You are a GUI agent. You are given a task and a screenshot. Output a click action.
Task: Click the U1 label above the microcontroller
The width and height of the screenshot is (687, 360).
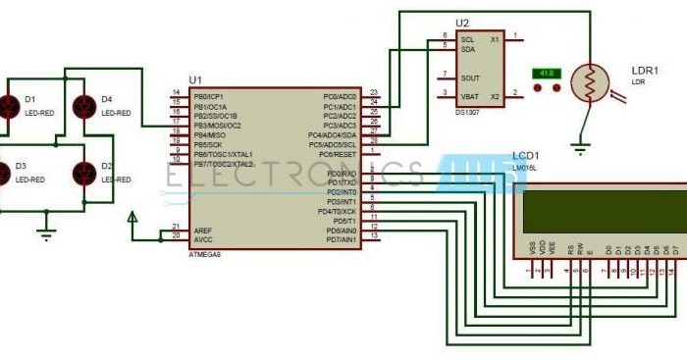point(195,79)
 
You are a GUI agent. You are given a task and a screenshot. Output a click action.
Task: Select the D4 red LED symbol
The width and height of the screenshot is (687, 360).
point(84,103)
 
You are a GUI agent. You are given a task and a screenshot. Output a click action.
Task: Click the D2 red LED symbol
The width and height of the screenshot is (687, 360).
point(84,172)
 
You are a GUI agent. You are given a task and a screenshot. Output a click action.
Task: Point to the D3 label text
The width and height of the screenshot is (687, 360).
point(20,167)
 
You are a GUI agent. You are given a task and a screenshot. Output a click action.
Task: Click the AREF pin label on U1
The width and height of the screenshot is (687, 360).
point(202,230)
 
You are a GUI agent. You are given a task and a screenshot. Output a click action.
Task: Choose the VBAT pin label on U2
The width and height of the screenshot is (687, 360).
point(470,95)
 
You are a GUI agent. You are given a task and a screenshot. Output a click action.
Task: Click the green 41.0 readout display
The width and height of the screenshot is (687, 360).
point(545,74)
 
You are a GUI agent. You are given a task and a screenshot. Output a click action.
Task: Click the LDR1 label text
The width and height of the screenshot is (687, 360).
point(645,71)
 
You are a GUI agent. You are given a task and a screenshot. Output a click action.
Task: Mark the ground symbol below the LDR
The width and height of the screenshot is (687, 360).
point(581,149)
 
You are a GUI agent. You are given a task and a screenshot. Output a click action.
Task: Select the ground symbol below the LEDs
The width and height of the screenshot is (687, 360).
point(44,232)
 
